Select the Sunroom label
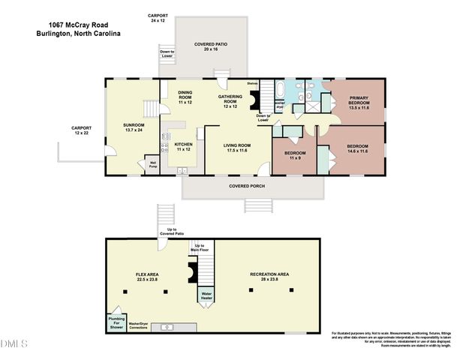point(134,127)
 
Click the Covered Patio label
point(211,46)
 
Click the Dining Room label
point(185,97)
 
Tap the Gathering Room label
point(231,100)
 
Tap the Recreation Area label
point(269,277)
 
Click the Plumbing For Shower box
point(116,322)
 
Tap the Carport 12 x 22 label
point(81,130)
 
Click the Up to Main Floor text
point(200,247)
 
